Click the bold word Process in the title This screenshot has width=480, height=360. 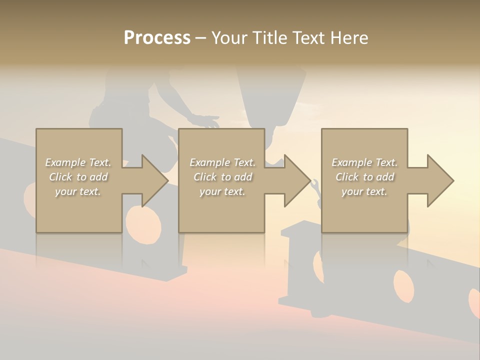(x=157, y=38)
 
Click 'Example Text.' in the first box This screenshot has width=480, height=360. (x=78, y=162)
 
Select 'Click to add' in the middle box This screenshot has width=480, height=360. (x=223, y=177)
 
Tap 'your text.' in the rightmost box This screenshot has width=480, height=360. (x=364, y=191)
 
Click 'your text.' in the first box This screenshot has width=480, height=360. (x=78, y=191)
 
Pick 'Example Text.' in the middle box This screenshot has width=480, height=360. (x=223, y=162)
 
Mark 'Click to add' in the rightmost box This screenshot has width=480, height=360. (x=364, y=177)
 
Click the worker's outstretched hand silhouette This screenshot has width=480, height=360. (x=206, y=120)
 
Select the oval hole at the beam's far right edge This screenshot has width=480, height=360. (x=474, y=303)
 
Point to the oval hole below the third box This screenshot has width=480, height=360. (x=403, y=285)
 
